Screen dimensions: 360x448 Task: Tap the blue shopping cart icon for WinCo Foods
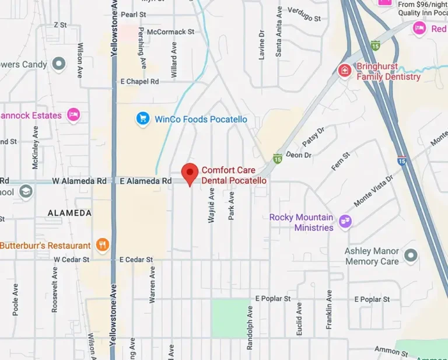[142, 119]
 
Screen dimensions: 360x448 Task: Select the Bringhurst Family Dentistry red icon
[345, 71]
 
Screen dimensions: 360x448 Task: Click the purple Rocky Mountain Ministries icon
[345, 221]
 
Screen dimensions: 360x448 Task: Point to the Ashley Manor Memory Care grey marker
[411, 255]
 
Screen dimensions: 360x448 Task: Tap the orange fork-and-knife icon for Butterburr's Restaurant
[103, 245]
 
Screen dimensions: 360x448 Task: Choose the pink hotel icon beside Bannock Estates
[73, 115]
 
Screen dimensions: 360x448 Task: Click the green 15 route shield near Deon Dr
[278, 158]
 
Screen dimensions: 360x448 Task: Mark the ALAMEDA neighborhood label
[69, 213]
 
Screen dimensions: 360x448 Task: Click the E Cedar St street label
[136, 259]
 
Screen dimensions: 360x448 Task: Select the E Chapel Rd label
[139, 82]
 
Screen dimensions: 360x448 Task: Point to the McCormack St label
[170, 32]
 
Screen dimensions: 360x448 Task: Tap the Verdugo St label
[303, 18]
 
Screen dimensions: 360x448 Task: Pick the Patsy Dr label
[313, 138]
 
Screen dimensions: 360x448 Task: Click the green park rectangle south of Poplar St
[230, 317]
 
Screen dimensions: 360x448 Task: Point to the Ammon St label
[391, 351]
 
